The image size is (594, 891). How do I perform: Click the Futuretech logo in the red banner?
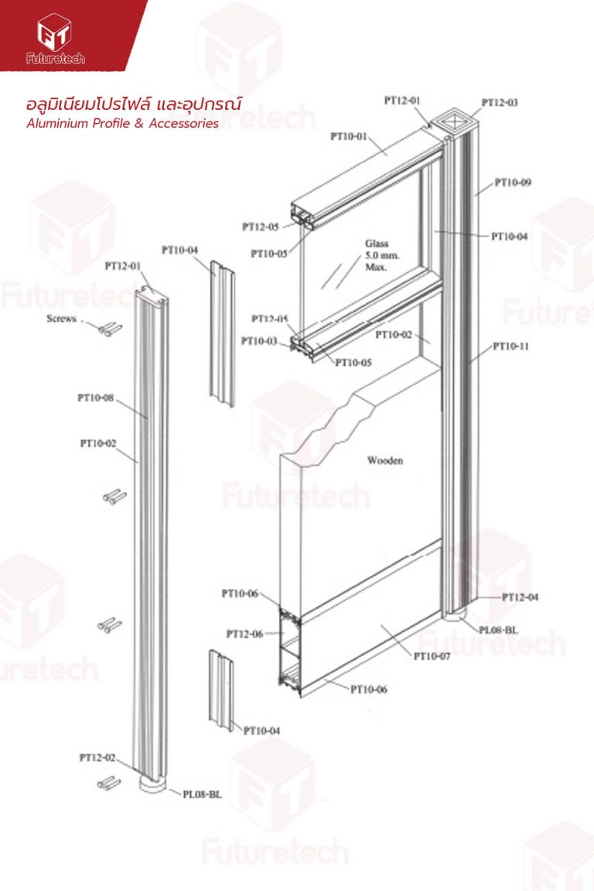click(x=55, y=39)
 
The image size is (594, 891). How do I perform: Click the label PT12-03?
click(x=500, y=103)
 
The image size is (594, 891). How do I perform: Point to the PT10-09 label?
click(x=513, y=183)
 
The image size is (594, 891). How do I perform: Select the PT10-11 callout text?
click(x=510, y=346)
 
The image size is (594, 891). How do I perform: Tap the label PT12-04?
click(x=520, y=597)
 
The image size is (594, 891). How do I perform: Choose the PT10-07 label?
click(x=432, y=657)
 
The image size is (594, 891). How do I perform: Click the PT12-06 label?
click(x=244, y=634)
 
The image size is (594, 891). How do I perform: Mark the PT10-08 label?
click(x=95, y=398)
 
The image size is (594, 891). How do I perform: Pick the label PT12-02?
click(x=97, y=757)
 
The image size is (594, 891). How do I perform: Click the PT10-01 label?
click(x=349, y=136)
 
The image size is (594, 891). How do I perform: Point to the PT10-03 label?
click(x=259, y=341)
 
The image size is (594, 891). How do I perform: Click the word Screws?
click(x=61, y=319)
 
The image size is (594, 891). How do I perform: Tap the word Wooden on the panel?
click(x=385, y=460)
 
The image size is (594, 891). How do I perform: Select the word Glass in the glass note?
click(x=377, y=244)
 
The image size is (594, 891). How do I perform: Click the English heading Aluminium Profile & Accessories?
click(x=123, y=123)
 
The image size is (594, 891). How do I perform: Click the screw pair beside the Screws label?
click(x=111, y=329)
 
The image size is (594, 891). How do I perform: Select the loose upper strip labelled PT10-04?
click(x=222, y=334)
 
